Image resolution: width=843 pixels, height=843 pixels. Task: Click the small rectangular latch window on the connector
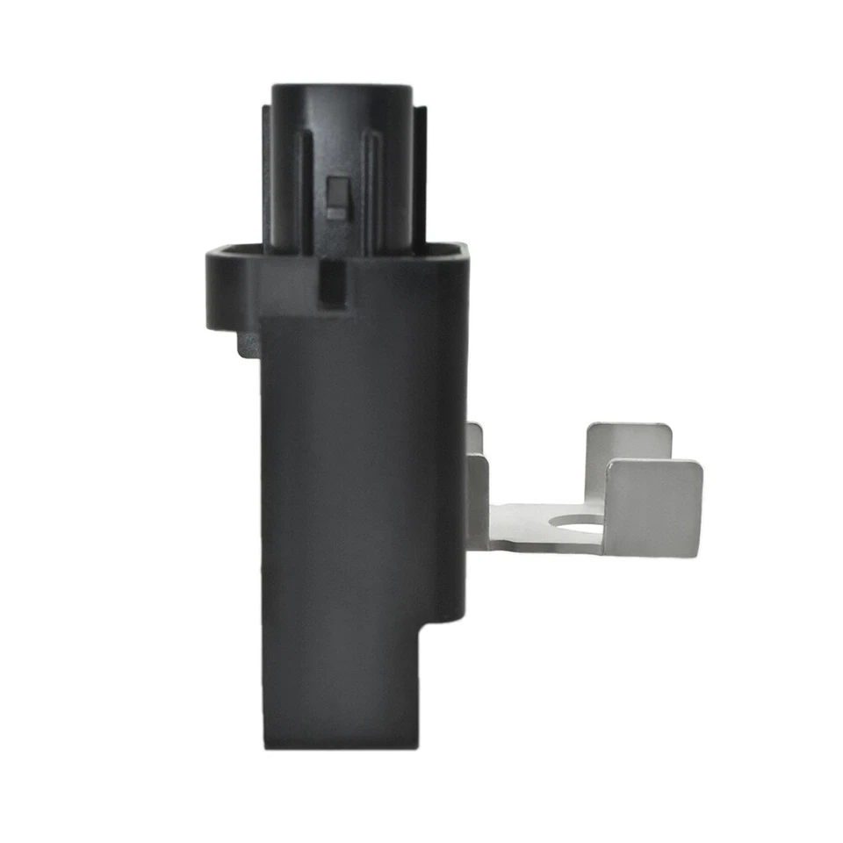335,197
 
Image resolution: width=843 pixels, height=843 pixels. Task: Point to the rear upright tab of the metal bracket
628,443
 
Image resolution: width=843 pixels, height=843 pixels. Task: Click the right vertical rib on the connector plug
371,189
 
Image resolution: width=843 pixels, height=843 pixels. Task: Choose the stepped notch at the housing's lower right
439,628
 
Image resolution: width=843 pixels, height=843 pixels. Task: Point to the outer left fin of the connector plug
266,176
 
